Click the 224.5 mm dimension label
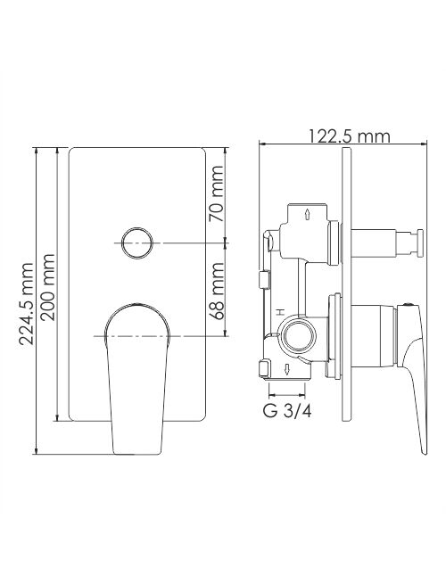[26, 303]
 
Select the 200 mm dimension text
[48, 287]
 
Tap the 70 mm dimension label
[216, 193]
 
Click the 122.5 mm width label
[349, 136]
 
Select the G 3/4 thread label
[287, 411]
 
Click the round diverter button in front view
[137, 243]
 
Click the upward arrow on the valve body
[308, 214]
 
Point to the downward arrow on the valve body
[287, 370]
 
